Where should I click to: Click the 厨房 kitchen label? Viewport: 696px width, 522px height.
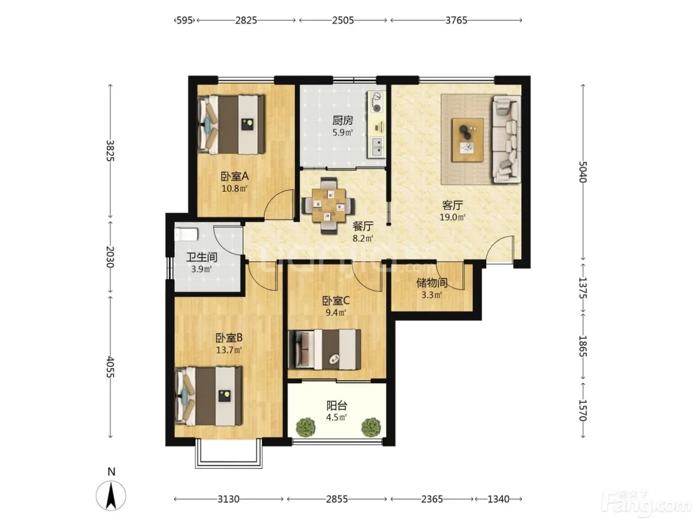[343, 120]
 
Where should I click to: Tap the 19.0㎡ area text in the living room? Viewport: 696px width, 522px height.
[452, 217]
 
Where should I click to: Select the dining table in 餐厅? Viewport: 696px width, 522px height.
[329, 205]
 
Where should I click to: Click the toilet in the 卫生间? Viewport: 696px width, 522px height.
[186, 235]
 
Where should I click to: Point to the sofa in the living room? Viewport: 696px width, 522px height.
[506, 140]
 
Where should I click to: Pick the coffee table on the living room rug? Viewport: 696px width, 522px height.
[468, 140]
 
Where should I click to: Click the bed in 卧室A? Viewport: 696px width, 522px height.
[231, 125]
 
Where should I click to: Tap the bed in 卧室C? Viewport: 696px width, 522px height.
[325, 349]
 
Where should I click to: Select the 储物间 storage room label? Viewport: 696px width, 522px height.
[432, 283]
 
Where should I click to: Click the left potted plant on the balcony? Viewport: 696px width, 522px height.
[306, 427]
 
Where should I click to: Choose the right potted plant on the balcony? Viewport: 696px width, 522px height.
[370, 427]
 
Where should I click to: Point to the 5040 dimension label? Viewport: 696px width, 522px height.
[583, 172]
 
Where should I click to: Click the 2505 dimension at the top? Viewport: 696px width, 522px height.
[343, 20]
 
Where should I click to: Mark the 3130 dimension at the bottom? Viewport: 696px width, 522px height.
[228, 499]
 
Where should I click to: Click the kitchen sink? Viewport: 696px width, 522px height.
[377, 147]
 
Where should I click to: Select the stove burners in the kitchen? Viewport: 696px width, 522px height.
[376, 102]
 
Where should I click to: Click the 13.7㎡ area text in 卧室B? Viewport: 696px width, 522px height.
[229, 350]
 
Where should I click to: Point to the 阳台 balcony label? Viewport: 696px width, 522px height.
[337, 405]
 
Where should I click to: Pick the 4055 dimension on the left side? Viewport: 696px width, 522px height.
[110, 367]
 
